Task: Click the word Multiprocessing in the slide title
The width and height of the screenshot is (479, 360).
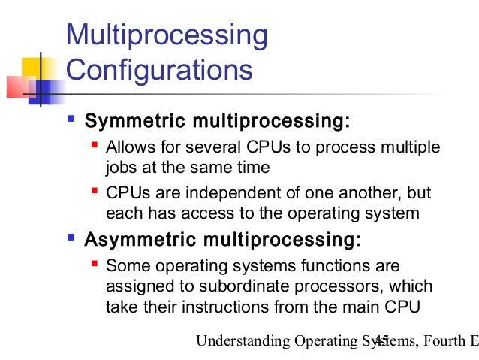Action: [x=167, y=35]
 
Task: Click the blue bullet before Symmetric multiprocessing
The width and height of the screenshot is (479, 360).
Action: [x=71, y=119]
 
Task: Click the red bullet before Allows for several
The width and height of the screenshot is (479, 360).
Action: [x=95, y=143]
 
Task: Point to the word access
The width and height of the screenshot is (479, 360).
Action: [x=231, y=214]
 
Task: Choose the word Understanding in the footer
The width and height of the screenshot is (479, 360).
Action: [x=242, y=342]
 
